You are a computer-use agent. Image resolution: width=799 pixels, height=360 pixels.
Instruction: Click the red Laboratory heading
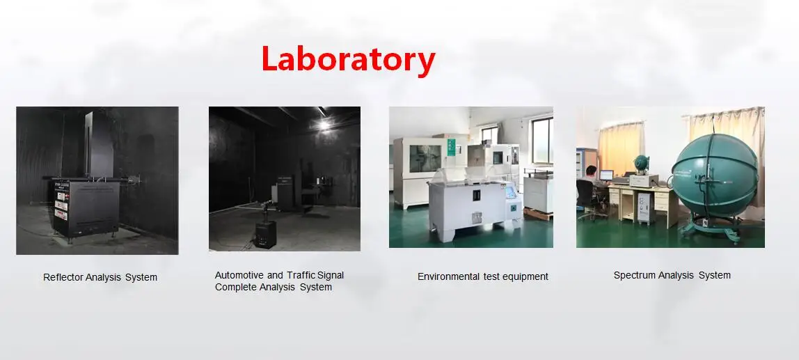pyautogui.click(x=349, y=60)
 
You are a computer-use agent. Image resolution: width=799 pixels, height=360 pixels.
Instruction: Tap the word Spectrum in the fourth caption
pyautogui.click(x=634, y=275)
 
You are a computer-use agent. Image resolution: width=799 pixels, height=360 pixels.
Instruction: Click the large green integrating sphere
pyautogui.click(x=715, y=176)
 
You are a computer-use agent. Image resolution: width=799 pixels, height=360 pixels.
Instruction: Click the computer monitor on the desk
pyautogui.click(x=606, y=175)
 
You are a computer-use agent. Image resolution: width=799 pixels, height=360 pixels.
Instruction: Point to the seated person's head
pyautogui.click(x=591, y=170)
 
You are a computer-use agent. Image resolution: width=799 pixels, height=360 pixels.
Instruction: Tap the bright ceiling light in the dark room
pyautogui.click(x=324, y=124)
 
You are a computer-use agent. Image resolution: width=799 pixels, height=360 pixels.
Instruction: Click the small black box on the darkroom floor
pyautogui.click(x=265, y=233)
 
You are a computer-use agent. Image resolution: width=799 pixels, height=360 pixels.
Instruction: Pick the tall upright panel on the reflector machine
pyautogui.click(x=100, y=144)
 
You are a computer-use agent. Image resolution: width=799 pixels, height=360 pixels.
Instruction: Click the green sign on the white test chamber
pyautogui.click(x=450, y=147)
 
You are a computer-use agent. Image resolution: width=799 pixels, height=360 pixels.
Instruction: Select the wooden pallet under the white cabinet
pyautogui.click(x=537, y=214)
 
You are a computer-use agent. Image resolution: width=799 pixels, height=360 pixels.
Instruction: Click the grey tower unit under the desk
pyautogui.click(x=644, y=208)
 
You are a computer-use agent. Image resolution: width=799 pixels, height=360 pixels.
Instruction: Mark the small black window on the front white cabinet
pyautogui.click(x=477, y=195)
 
